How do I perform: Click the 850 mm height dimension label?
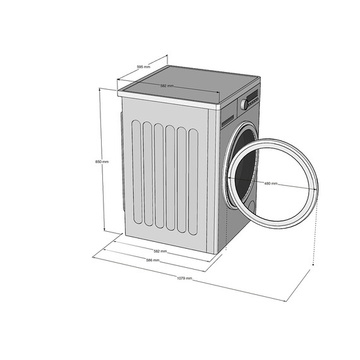tap(102, 162)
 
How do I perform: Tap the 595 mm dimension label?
tap(143, 67)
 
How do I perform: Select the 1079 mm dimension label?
tap(184, 278)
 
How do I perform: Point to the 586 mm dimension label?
tap(152, 260)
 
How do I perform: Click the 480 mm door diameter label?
tap(270, 183)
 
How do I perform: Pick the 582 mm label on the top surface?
tap(167, 86)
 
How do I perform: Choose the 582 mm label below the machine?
tap(160, 251)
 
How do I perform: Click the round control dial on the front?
tap(243, 104)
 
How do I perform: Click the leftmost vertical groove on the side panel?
tap(135, 173)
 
